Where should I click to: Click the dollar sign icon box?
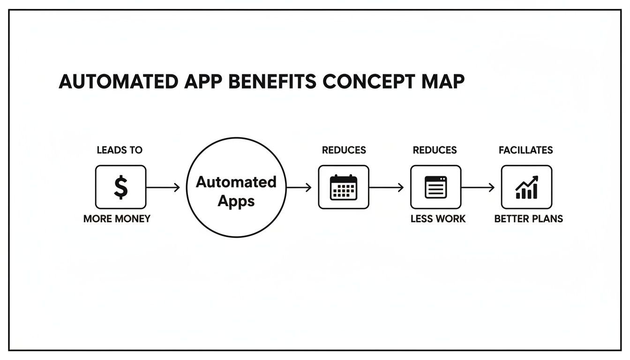[x=120, y=187]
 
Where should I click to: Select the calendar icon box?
[x=344, y=187]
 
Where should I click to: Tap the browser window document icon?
[x=435, y=187]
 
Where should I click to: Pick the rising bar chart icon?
[x=526, y=187]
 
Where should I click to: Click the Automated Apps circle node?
[x=236, y=187]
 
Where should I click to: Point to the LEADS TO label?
[x=120, y=150]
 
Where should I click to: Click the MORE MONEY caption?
[x=117, y=219]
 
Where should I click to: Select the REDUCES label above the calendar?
[x=344, y=150]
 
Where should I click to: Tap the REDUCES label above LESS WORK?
[x=435, y=150]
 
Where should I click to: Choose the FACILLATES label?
[x=526, y=150]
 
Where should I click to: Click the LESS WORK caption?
[x=438, y=219]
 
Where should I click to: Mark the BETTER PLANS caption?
[x=529, y=219]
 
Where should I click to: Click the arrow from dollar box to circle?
[x=163, y=187]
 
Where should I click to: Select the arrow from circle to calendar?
[x=299, y=187]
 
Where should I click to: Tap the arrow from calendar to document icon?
[x=386, y=187]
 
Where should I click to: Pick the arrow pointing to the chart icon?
[x=478, y=187]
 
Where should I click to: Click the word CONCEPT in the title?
[x=368, y=82]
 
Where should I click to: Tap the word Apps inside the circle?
[x=236, y=201]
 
